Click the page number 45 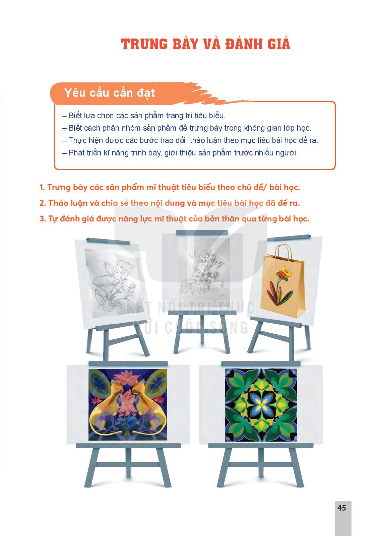point(341,508)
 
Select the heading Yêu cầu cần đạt point(110,93)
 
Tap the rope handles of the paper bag point(283,253)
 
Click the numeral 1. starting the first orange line point(42,187)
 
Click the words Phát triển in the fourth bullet point(85,153)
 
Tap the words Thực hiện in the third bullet point(84,140)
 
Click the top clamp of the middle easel point(202,233)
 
